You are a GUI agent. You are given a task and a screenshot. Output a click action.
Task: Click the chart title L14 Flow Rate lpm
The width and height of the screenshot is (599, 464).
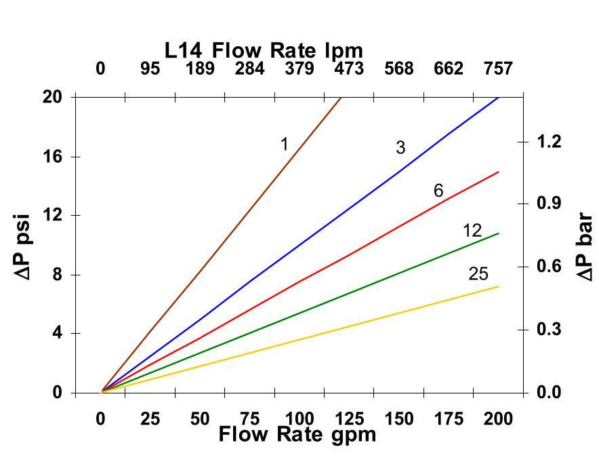click(264, 50)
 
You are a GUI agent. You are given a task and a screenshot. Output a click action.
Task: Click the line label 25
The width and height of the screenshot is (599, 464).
click(478, 274)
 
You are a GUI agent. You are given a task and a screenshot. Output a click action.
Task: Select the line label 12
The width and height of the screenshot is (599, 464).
click(472, 231)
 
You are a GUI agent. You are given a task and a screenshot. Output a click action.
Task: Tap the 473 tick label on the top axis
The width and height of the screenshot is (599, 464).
click(349, 69)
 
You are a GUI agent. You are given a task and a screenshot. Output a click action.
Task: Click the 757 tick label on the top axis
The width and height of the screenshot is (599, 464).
click(498, 69)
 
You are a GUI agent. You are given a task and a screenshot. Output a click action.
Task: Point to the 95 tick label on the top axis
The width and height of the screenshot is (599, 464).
click(150, 69)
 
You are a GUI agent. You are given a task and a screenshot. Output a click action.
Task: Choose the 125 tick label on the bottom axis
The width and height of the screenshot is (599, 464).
click(349, 419)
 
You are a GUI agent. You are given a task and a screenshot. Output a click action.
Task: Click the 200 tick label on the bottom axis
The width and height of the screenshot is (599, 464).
click(498, 419)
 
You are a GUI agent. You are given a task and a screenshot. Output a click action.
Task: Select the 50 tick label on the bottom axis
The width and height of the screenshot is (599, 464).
click(200, 419)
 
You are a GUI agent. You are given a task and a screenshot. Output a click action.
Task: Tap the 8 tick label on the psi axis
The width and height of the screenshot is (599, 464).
click(58, 275)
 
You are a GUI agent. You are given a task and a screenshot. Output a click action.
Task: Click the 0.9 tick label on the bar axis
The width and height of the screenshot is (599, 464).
click(550, 204)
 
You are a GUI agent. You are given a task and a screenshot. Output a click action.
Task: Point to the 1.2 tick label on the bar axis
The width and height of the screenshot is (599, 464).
click(550, 142)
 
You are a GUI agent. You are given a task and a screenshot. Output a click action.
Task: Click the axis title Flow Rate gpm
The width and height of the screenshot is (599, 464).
click(297, 434)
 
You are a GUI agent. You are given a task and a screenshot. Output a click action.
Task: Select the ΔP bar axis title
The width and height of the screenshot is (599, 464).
click(584, 247)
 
